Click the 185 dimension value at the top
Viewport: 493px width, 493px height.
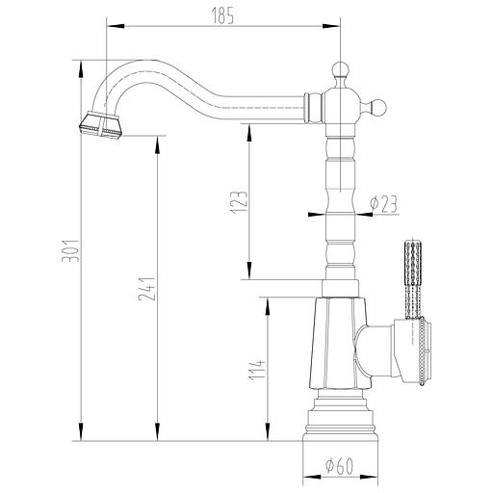point(223,13)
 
